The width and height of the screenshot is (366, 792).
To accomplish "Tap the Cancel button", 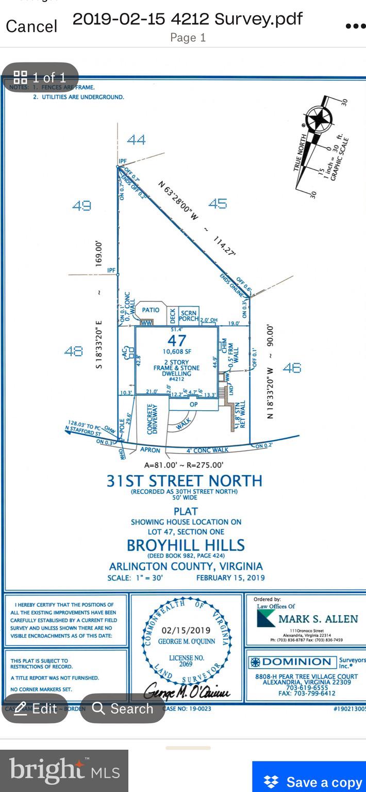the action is coord(31,26).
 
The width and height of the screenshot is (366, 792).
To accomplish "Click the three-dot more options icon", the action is coord(355,26).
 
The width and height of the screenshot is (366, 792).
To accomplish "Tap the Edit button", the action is coord(36,708).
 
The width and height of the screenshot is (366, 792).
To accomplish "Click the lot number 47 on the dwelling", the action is coord(176,340).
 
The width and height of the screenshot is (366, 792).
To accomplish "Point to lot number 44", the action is coord(136,139).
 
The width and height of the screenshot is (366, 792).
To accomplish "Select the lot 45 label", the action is coord(218,203).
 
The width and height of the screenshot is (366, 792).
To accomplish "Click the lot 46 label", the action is coord(292,367).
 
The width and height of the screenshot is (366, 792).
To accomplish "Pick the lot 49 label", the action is coord(81,205).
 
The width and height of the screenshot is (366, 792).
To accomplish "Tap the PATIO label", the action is coord(151,310).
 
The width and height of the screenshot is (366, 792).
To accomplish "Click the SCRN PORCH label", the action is coord(189,315).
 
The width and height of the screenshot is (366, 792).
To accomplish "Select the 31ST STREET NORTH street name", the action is coord(184,481).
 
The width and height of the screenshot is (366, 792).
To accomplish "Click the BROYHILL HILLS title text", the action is coord(186,545).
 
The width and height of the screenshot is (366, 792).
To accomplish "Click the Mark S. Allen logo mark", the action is coord(266,618).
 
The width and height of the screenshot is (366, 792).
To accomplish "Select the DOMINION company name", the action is coord(297,661).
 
